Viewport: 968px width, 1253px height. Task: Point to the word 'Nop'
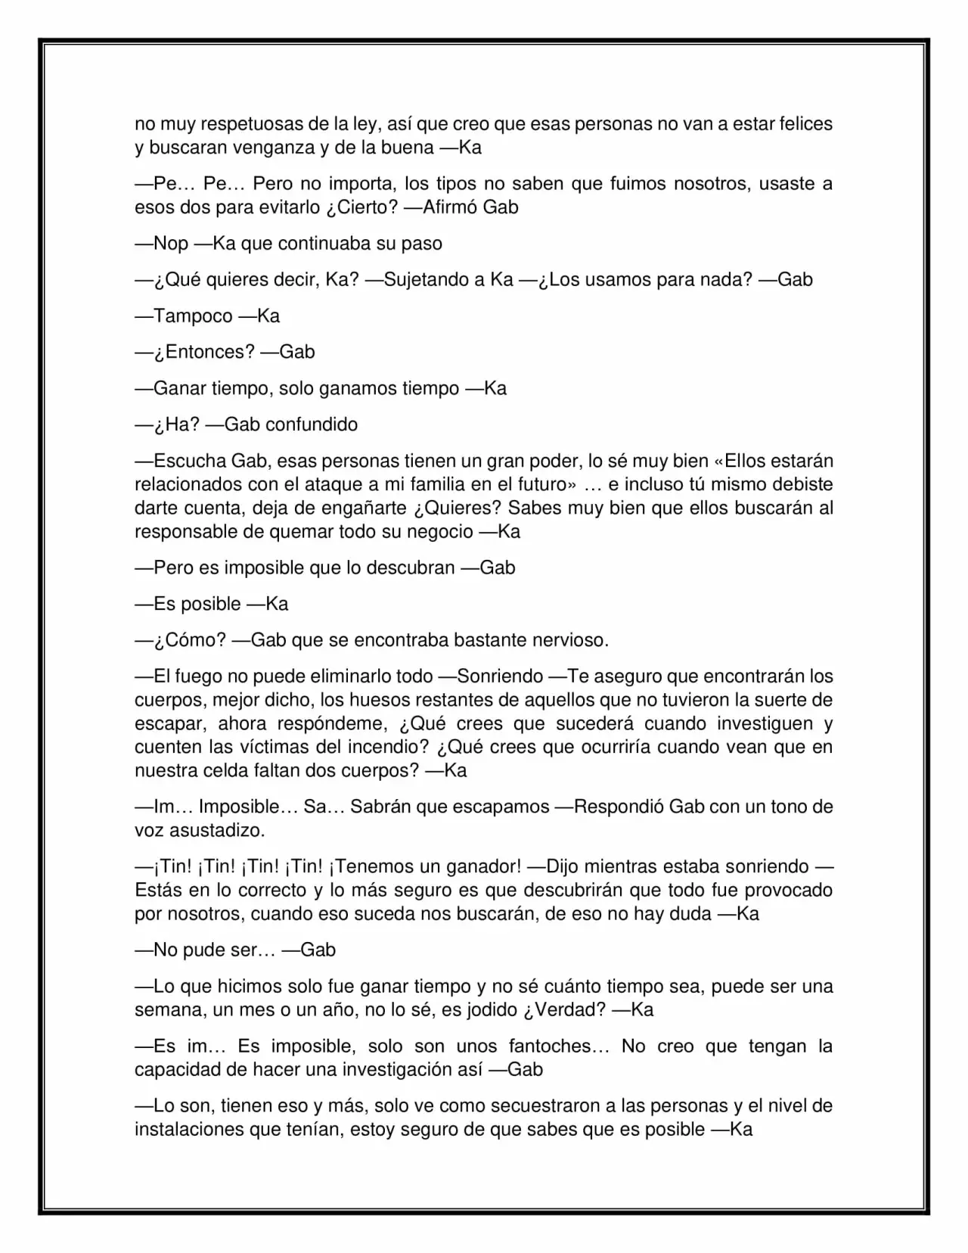tap(172, 244)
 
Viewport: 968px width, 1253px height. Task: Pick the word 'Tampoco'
tap(194, 316)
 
